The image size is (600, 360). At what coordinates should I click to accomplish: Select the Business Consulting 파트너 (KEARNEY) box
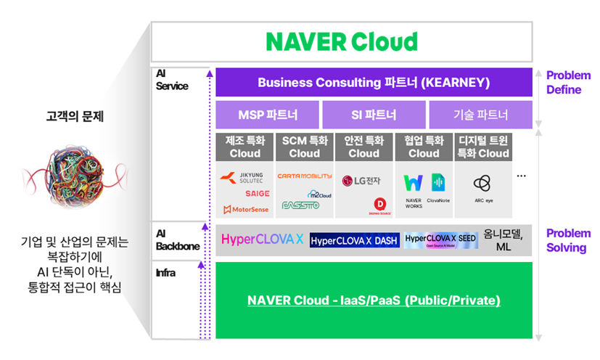[x=374, y=83]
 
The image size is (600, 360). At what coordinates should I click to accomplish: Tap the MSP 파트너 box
[x=267, y=115]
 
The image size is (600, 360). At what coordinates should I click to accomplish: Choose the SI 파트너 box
[x=374, y=115]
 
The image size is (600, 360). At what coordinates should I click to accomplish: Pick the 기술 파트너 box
[x=480, y=115]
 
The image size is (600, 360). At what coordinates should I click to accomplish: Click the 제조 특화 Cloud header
[x=244, y=147]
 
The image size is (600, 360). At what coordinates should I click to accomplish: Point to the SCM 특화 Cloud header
[x=304, y=147]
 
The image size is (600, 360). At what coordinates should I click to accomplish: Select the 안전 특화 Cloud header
[x=363, y=147]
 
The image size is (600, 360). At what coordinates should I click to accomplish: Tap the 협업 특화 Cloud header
[x=423, y=147]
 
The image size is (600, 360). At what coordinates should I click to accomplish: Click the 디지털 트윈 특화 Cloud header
[x=482, y=147]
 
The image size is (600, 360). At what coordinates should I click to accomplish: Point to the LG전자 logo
[x=361, y=180]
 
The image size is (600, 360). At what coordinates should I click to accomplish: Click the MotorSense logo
[x=245, y=210]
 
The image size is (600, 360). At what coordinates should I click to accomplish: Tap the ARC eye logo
[x=482, y=187]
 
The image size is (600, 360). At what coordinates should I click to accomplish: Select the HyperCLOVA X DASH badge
[x=354, y=240]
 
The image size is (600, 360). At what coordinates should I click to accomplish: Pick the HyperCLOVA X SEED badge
[x=441, y=240]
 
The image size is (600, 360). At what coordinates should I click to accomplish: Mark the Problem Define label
[x=568, y=83]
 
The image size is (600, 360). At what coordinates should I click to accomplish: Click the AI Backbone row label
[x=177, y=240]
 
